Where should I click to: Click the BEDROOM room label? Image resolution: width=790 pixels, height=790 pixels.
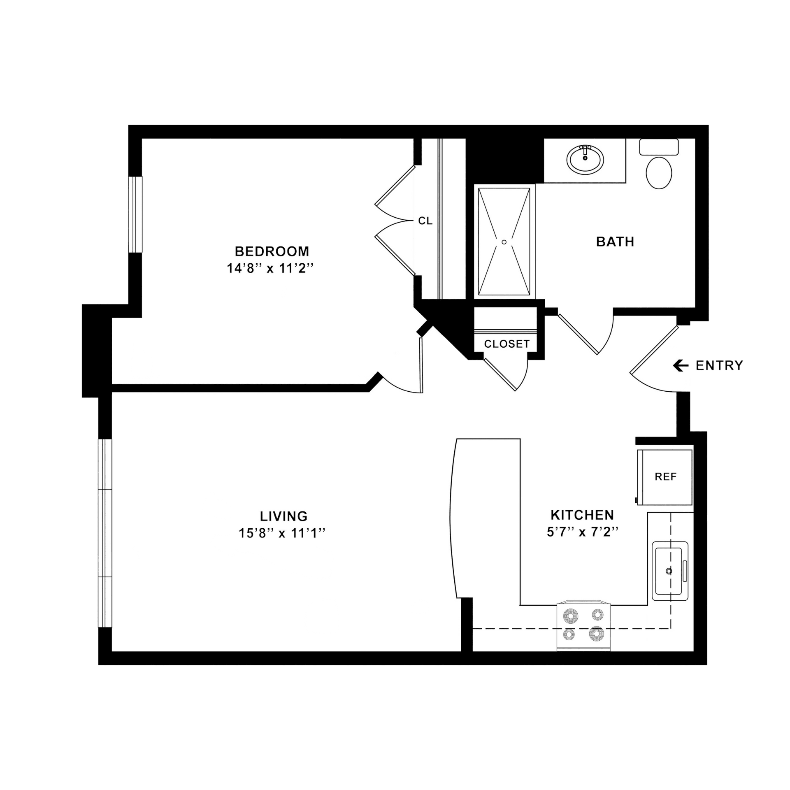tap(272, 251)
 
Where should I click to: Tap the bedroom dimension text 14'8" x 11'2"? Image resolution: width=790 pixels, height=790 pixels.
tap(270, 268)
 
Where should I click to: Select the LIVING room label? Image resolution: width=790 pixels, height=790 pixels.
tap(283, 516)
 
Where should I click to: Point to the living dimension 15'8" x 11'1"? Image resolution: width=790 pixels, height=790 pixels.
tap(282, 533)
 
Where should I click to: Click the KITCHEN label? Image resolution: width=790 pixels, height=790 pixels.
tap(582, 515)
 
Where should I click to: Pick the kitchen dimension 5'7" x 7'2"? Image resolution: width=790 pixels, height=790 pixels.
tap(583, 532)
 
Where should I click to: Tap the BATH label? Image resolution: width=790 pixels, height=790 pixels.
tap(615, 242)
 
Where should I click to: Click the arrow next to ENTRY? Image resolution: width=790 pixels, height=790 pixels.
tap(681, 365)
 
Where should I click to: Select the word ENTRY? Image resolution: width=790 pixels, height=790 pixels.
tap(719, 365)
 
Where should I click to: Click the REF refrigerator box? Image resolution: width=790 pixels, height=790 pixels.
tap(665, 477)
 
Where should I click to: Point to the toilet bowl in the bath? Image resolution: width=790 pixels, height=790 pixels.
tap(659, 173)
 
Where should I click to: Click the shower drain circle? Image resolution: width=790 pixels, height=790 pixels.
tap(504, 242)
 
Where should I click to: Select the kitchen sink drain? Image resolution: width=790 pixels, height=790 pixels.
tap(669, 571)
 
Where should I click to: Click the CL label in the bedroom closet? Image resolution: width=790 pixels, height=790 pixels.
tap(425, 221)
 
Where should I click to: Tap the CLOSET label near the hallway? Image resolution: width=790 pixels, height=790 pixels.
tap(507, 344)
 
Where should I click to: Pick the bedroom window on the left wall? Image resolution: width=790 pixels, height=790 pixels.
tap(135, 214)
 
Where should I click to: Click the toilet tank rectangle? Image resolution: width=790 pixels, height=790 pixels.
tap(659, 147)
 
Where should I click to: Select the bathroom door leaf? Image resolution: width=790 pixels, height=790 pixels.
tap(578, 334)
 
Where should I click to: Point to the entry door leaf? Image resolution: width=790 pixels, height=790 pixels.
tap(654, 350)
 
